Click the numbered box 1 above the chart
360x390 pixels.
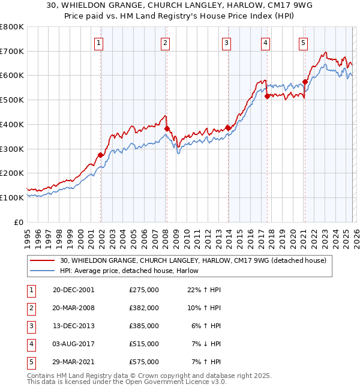(98, 43)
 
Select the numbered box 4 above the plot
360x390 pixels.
(265, 43)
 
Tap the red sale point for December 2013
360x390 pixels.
(228, 128)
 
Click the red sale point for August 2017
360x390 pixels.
(267, 95)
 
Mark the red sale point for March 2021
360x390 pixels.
(305, 81)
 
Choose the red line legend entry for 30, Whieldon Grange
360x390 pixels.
(193, 260)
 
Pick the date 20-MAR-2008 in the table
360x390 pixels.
(74, 308)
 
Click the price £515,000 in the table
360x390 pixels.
(144, 344)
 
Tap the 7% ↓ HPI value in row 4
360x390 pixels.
(206, 344)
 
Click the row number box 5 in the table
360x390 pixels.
(30, 362)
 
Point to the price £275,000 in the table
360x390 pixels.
(144, 290)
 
